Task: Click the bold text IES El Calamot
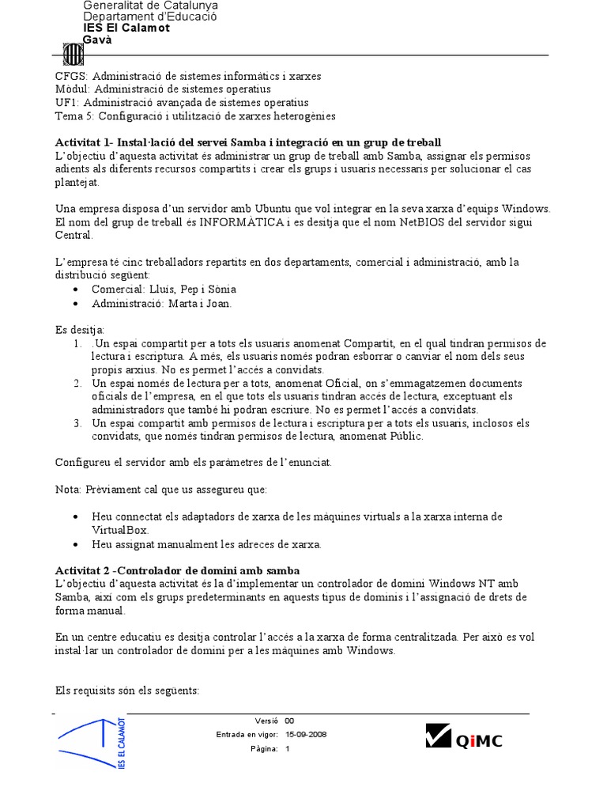[x=126, y=28]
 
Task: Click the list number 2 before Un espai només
[x=77, y=383]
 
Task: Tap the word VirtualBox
[x=120, y=530]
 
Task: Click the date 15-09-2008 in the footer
[x=306, y=734]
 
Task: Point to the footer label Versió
[x=266, y=721]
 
